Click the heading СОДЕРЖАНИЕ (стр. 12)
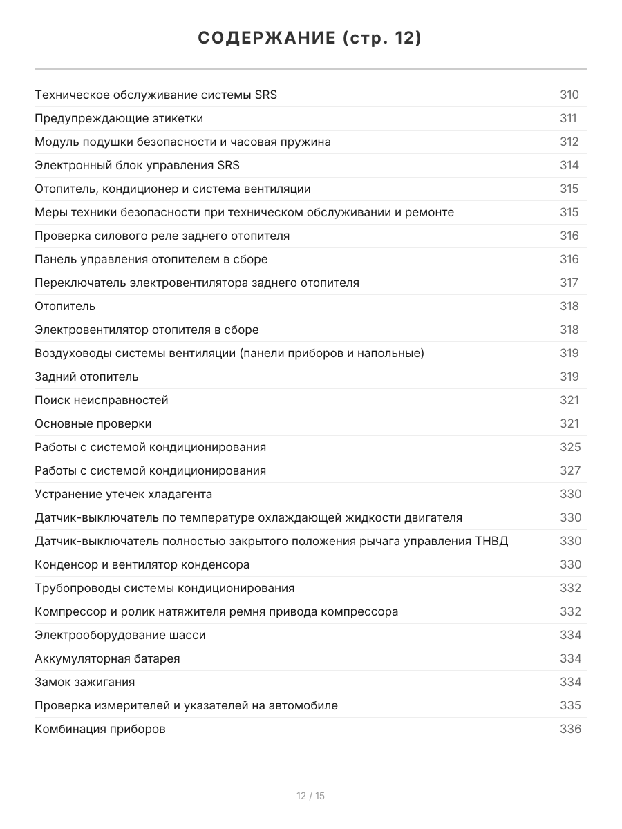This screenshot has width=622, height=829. pyautogui.click(x=310, y=39)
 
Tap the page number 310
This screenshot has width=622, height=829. pyautogui.click(x=569, y=95)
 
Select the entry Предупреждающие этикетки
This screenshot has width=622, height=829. pyautogui.click(x=119, y=118)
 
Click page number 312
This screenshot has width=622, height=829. pyautogui.click(x=569, y=142)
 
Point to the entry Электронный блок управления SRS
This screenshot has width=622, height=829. pyautogui.click(x=137, y=165)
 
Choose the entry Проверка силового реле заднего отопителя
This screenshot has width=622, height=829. pyautogui.click(x=162, y=236)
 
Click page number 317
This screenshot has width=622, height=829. pyautogui.click(x=569, y=283)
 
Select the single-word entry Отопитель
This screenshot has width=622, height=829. pyautogui.click(x=65, y=306)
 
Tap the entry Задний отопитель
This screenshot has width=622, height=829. pyautogui.click(x=86, y=377)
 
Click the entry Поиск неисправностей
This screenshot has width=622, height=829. pyautogui.click(x=101, y=400)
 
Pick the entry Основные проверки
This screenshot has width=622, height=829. pyautogui.click(x=93, y=423)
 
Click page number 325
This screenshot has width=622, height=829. pyautogui.click(x=570, y=447)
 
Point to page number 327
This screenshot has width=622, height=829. pyautogui.click(x=570, y=470)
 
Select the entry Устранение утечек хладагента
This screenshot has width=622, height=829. pyautogui.click(x=123, y=494)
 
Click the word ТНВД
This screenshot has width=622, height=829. pyautogui.click(x=491, y=541)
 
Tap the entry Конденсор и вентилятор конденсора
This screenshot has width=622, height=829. pyautogui.click(x=142, y=564)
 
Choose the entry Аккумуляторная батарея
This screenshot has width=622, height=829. pyautogui.click(x=107, y=658)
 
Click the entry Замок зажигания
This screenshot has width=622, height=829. pyautogui.click(x=84, y=682)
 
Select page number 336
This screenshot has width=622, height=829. pyautogui.click(x=570, y=729)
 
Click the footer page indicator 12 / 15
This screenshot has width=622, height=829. pyautogui.click(x=310, y=796)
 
